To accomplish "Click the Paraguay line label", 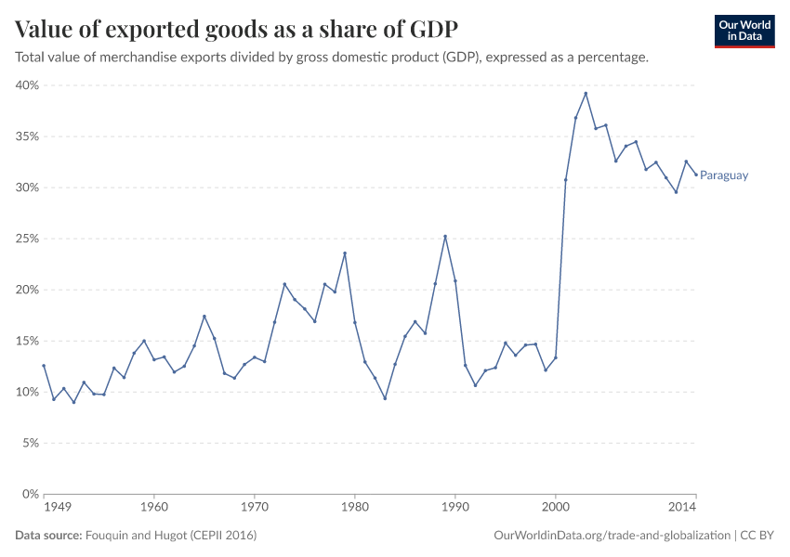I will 724,175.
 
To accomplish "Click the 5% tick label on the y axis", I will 29,443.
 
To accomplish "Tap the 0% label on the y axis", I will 29,494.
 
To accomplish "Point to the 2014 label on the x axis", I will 683,508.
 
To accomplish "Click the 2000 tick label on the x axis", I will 556,508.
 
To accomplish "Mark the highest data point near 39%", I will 586,93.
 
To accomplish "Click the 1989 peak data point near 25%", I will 445,236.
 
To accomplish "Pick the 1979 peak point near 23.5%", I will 345,253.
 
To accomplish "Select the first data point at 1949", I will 44,366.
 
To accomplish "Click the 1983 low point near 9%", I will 385,398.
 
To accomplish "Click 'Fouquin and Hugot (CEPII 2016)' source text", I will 171,536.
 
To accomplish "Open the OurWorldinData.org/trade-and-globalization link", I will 613,536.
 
